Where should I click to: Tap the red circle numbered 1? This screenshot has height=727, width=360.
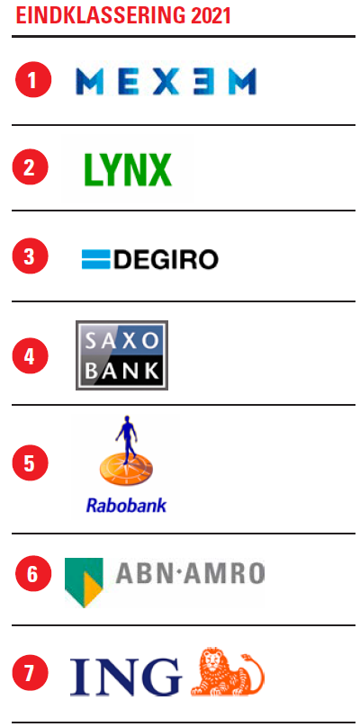[33, 80]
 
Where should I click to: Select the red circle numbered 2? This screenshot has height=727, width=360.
[31, 167]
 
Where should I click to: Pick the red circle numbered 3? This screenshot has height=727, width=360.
[31, 256]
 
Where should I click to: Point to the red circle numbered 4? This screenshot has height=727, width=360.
[31, 356]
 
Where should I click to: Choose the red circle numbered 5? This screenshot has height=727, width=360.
[31, 462]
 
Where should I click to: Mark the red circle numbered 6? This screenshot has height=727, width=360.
[33, 573]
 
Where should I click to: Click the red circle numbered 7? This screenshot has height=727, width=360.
[31, 672]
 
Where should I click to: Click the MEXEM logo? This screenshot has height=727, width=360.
[166, 81]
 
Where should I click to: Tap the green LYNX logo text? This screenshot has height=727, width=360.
[128, 170]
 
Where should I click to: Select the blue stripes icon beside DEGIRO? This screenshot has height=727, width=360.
[96, 259]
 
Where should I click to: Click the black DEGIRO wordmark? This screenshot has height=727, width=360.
[166, 259]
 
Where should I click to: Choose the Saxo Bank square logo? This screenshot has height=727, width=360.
[122, 355]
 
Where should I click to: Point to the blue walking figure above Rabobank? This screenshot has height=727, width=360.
[126, 436]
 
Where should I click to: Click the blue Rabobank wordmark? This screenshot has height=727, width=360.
[126, 505]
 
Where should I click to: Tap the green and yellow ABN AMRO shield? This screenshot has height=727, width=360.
[84, 582]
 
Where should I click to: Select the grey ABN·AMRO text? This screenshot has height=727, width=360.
[190, 573]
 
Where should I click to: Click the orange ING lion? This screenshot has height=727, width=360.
[228, 672]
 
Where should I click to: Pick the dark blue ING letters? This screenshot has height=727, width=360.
[126, 678]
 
